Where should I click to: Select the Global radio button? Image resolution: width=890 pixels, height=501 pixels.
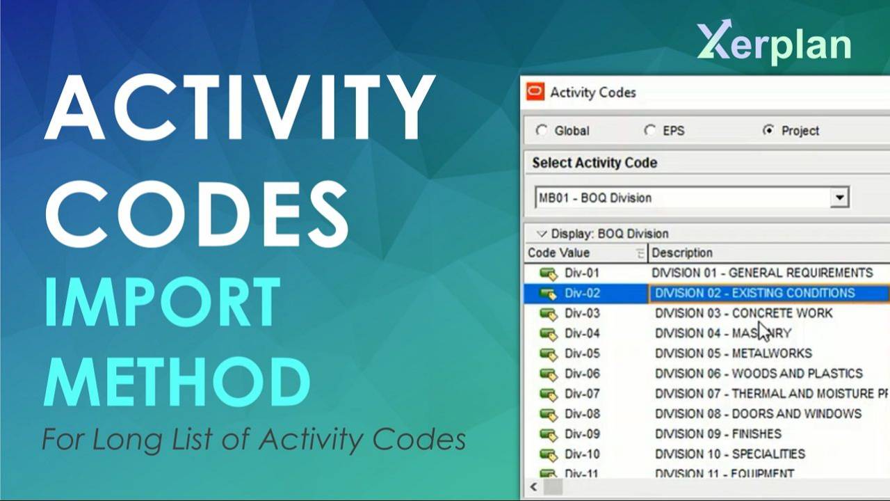tap(542, 131)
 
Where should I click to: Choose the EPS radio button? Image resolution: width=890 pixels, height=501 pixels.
tap(650, 131)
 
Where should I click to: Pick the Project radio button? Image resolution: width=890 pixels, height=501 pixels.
tap(768, 131)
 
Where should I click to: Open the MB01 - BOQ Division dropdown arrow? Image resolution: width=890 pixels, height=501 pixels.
tap(840, 198)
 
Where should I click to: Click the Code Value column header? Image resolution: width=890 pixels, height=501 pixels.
tap(558, 253)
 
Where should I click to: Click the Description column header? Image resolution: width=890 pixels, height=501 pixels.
tap(682, 253)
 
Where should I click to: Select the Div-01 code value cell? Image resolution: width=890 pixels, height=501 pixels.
tap(581, 273)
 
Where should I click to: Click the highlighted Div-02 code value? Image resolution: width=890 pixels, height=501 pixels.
tap(581, 293)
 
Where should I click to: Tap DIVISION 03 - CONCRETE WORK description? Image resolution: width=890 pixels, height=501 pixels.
tap(743, 313)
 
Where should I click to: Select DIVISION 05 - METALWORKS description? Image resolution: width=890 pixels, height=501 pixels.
tap(733, 353)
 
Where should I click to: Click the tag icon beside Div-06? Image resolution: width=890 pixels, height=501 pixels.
tap(549, 374)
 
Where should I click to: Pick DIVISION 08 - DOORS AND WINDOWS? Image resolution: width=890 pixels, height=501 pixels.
tap(758, 414)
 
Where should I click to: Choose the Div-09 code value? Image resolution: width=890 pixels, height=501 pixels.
tap(581, 434)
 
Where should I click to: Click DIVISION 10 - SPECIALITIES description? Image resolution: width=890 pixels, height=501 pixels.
tap(729, 454)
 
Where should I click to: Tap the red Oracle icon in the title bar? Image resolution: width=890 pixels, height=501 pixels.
tap(535, 92)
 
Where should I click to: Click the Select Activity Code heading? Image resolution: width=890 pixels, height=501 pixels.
tap(594, 163)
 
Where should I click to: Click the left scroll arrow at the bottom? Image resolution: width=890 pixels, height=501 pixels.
tap(534, 486)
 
